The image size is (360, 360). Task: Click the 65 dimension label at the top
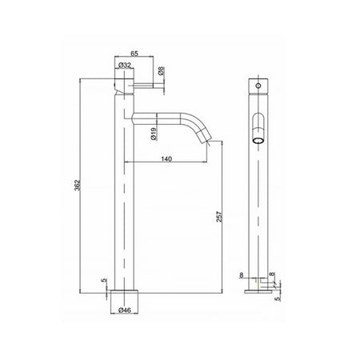[134, 54]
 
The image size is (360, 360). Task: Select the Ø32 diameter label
[125, 65]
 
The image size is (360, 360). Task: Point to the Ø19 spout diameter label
[154, 134]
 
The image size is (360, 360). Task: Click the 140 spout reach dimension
[166, 159]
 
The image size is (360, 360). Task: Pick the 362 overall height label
[78, 185]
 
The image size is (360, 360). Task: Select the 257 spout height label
[218, 217]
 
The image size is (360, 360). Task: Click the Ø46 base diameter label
[125, 310]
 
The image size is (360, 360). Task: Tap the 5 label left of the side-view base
[104, 280]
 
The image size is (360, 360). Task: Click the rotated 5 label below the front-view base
[278, 298]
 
